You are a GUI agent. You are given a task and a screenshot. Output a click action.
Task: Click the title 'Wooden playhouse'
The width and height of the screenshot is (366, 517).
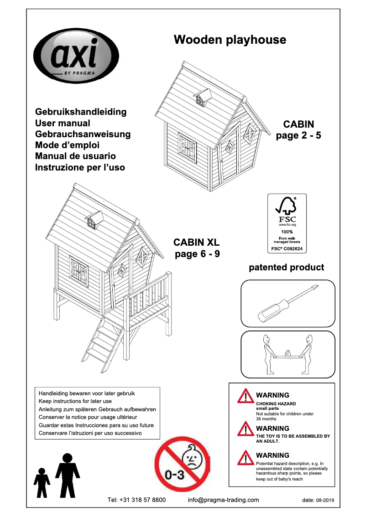[x=230, y=40]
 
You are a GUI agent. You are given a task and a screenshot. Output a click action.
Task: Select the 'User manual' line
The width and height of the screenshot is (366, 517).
[x=63, y=123]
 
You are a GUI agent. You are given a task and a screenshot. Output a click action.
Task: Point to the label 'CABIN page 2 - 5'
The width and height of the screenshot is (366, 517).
[x=298, y=130]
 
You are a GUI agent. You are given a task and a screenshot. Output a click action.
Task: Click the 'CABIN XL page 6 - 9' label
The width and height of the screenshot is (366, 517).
[x=197, y=248]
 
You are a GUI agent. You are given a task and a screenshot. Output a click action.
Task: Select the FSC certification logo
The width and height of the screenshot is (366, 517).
[x=287, y=223]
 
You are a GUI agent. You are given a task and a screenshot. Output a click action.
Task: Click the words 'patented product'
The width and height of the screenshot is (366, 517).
[x=286, y=268]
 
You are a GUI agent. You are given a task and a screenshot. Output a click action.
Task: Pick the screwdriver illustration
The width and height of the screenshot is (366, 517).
[x=288, y=303]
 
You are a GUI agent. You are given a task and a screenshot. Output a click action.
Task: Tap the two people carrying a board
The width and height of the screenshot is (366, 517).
[x=288, y=355]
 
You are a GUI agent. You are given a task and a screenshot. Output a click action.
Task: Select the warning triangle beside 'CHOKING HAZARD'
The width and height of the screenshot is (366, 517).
[x=246, y=396]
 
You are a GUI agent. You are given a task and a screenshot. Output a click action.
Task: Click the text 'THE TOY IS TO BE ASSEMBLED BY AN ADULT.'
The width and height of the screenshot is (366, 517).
[x=293, y=439]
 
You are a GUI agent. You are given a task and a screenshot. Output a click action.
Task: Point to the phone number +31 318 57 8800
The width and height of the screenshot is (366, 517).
[x=136, y=500]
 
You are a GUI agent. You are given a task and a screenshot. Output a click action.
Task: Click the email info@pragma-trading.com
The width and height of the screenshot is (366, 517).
[x=223, y=500]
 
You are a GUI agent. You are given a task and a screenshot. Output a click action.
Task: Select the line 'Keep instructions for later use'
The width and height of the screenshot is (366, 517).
[x=75, y=401]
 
